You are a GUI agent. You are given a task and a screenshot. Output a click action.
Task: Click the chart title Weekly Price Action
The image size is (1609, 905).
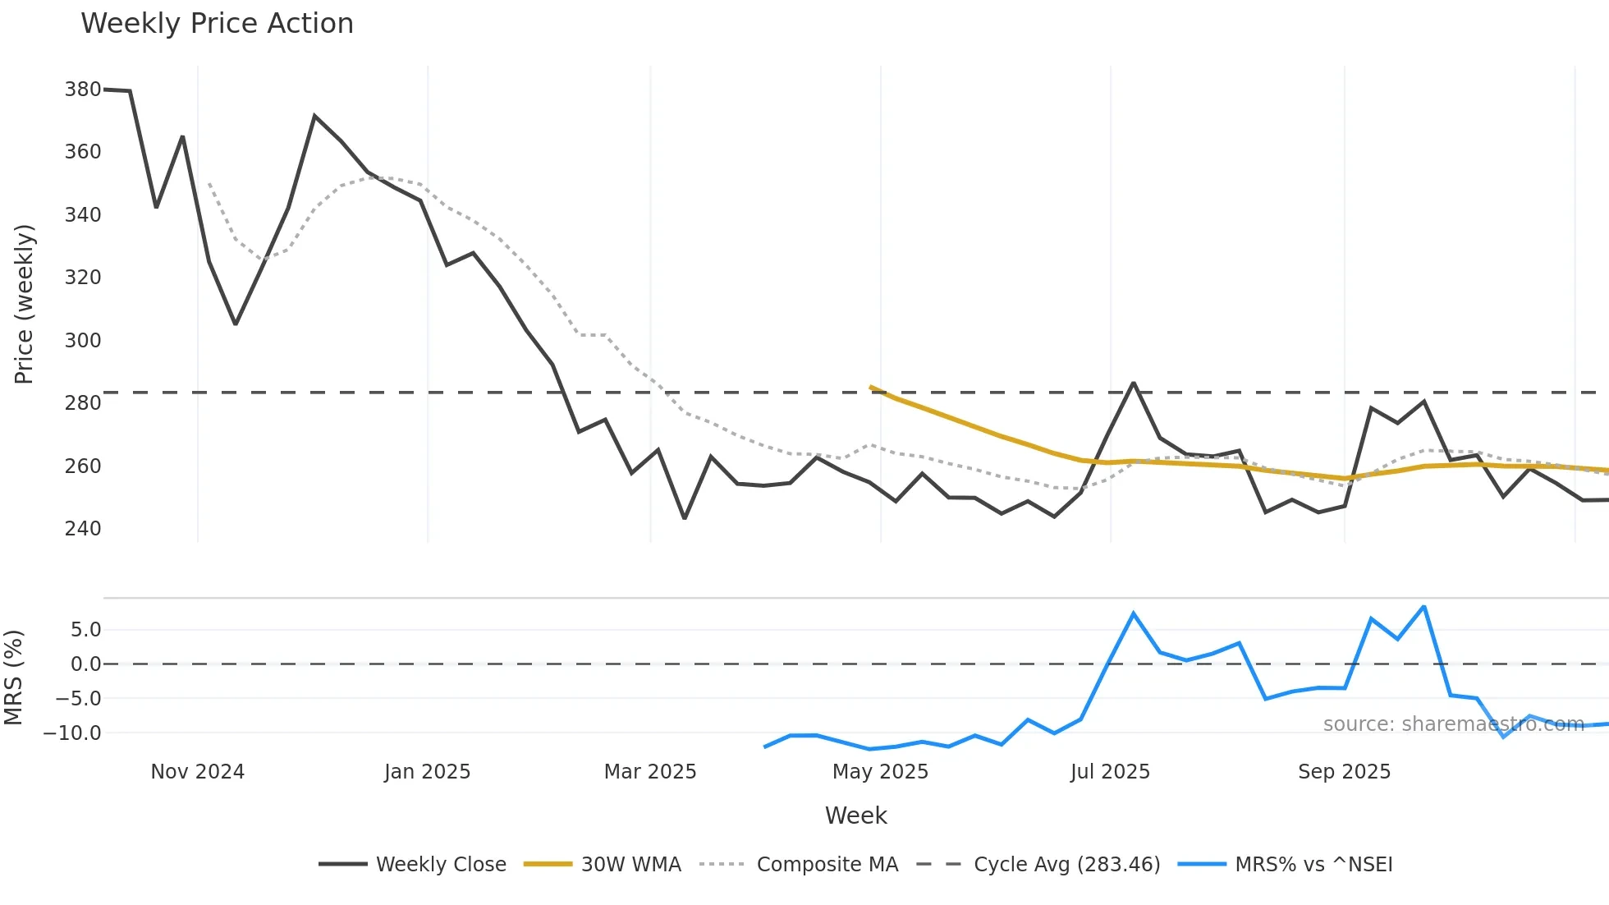217,24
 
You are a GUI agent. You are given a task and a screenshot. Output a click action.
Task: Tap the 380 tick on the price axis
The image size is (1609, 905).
83,89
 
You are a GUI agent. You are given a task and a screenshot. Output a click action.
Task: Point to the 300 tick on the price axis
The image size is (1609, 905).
83,340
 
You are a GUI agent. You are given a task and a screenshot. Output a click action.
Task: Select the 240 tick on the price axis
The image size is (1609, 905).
83,528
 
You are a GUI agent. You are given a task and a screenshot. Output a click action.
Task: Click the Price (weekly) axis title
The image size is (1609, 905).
24,304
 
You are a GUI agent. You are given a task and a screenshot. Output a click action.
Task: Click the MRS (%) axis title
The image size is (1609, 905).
13,678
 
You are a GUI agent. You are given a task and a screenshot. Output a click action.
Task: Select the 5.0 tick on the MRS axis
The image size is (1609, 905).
85,630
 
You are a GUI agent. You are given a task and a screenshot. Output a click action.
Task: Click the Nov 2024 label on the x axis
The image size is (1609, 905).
197,772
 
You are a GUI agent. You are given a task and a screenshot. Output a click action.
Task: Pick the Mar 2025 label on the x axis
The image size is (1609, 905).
650,772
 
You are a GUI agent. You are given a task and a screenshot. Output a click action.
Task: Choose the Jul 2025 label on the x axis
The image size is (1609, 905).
1110,772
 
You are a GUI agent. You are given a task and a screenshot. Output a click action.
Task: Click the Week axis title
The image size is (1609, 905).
855,815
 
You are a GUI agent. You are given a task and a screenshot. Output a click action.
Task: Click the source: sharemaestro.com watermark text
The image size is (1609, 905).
1453,724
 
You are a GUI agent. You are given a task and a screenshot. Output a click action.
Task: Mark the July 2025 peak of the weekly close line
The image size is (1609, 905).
1134,384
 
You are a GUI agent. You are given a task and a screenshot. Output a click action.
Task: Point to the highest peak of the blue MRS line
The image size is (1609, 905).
1423,607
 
